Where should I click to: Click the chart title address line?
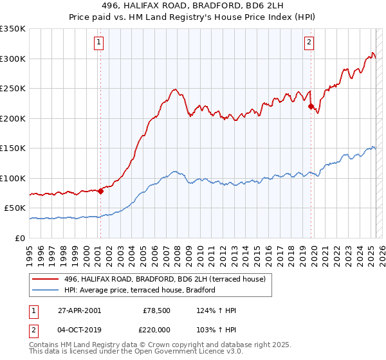(193, 6)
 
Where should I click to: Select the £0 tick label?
(21, 238)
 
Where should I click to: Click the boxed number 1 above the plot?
(100, 42)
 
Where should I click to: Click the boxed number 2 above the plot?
(309, 42)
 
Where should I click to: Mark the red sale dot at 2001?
(101, 191)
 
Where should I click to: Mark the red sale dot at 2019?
(311, 107)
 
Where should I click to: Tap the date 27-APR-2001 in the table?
(79, 310)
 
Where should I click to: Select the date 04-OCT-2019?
(79, 329)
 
